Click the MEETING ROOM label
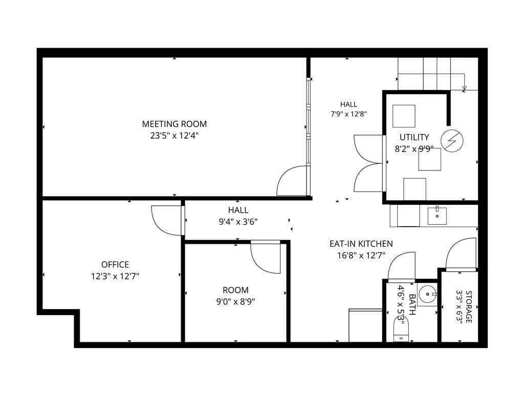174,124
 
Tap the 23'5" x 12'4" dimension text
174,136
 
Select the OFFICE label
115,265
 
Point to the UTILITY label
414,137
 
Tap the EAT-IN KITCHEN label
361,244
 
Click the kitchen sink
437,216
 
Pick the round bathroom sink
428,294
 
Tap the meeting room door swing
292,181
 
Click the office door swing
167,221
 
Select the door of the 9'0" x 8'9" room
266,257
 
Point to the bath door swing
402,266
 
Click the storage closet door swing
461,254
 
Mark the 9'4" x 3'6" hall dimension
238,222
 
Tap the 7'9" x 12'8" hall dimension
348,114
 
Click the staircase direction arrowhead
464,89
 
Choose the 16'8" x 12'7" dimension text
361,256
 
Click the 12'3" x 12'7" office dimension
115,276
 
